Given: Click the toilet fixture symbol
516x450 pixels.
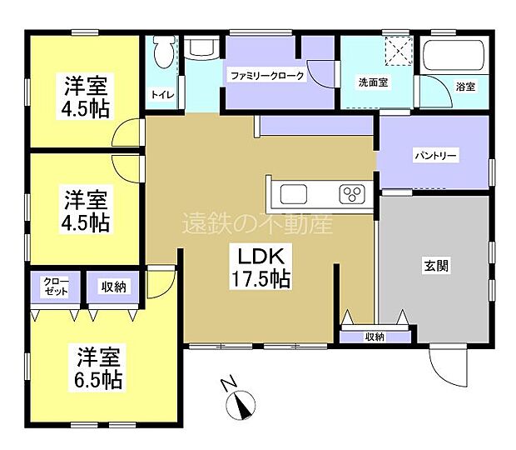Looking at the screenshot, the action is pyautogui.click(x=164, y=52).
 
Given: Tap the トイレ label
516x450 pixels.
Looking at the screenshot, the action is pyautogui.click(x=162, y=95).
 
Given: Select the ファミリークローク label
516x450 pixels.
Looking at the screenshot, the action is pyautogui.click(x=267, y=76).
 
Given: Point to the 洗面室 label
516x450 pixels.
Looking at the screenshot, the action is pyautogui.click(x=373, y=82).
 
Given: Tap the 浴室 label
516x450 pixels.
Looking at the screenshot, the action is pyautogui.click(x=465, y=87).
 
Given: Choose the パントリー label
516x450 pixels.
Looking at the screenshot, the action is pyautogui.click(x=435, y=155).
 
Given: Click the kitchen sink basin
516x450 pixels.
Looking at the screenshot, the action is pyautogui.click(x=294, y=194).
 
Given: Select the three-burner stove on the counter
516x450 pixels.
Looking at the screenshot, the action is pyautogui.click(x=352, y=193).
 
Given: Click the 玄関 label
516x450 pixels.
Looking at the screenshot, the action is pyautogui.click(x=436, y=266).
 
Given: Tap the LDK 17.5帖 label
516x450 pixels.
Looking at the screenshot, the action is pyautogui.click(x=261, y=267).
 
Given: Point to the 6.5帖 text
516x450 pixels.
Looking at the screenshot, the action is pyautogui.click(x=98, y=380).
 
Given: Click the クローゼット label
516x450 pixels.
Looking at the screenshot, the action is pyautogui.click(x=56, y=287).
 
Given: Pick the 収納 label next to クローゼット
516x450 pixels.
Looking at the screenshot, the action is pyautogui.click(x=113, y=287).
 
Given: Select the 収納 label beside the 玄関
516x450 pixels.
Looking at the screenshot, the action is pyautogui.click(x=375, y=337).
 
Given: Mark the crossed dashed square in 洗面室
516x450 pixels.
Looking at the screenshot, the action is pyautogui.click(x=399, y=51).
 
